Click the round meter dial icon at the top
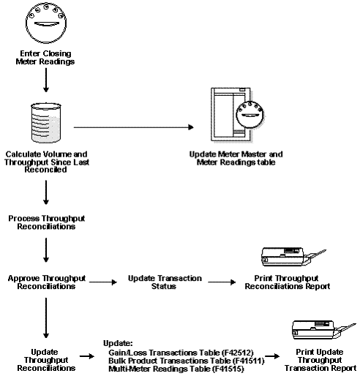(47, 24)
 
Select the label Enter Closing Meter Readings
(47, 57)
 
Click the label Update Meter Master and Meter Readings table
(243, 159)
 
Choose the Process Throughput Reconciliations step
(47, 222)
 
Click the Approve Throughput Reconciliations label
(47, 282)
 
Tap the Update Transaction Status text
(160, 282)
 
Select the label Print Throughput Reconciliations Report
(291, 282)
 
